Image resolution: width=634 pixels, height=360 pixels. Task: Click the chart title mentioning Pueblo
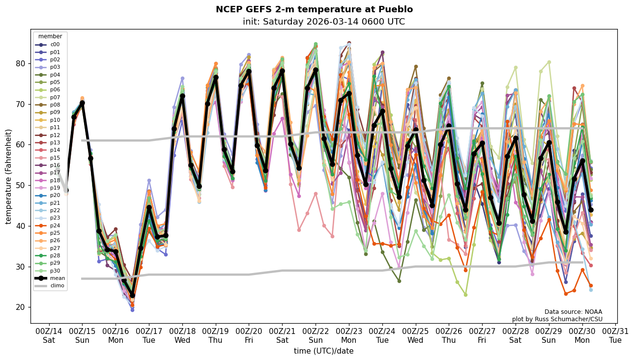[x=314, y=9]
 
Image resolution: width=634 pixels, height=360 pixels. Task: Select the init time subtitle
[x=323, y=22]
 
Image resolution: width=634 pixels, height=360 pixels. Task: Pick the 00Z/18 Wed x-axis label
[x=182, y=335]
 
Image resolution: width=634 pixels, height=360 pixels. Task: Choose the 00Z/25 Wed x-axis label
[x=415, y=335]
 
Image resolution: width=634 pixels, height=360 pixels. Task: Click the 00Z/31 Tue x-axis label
[x=615, y=335]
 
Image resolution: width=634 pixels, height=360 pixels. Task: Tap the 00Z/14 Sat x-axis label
[x=49, y=335]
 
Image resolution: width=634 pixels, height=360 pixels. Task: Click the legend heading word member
[x=50, y=36]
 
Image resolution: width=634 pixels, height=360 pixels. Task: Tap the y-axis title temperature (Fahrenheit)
[x=9, y=176]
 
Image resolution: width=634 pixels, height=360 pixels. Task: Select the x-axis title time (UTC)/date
[x=323, y=351]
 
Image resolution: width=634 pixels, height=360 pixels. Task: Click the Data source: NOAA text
[x=573, y=312]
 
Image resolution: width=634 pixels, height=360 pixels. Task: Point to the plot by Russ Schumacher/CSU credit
[x=557, y=319]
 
